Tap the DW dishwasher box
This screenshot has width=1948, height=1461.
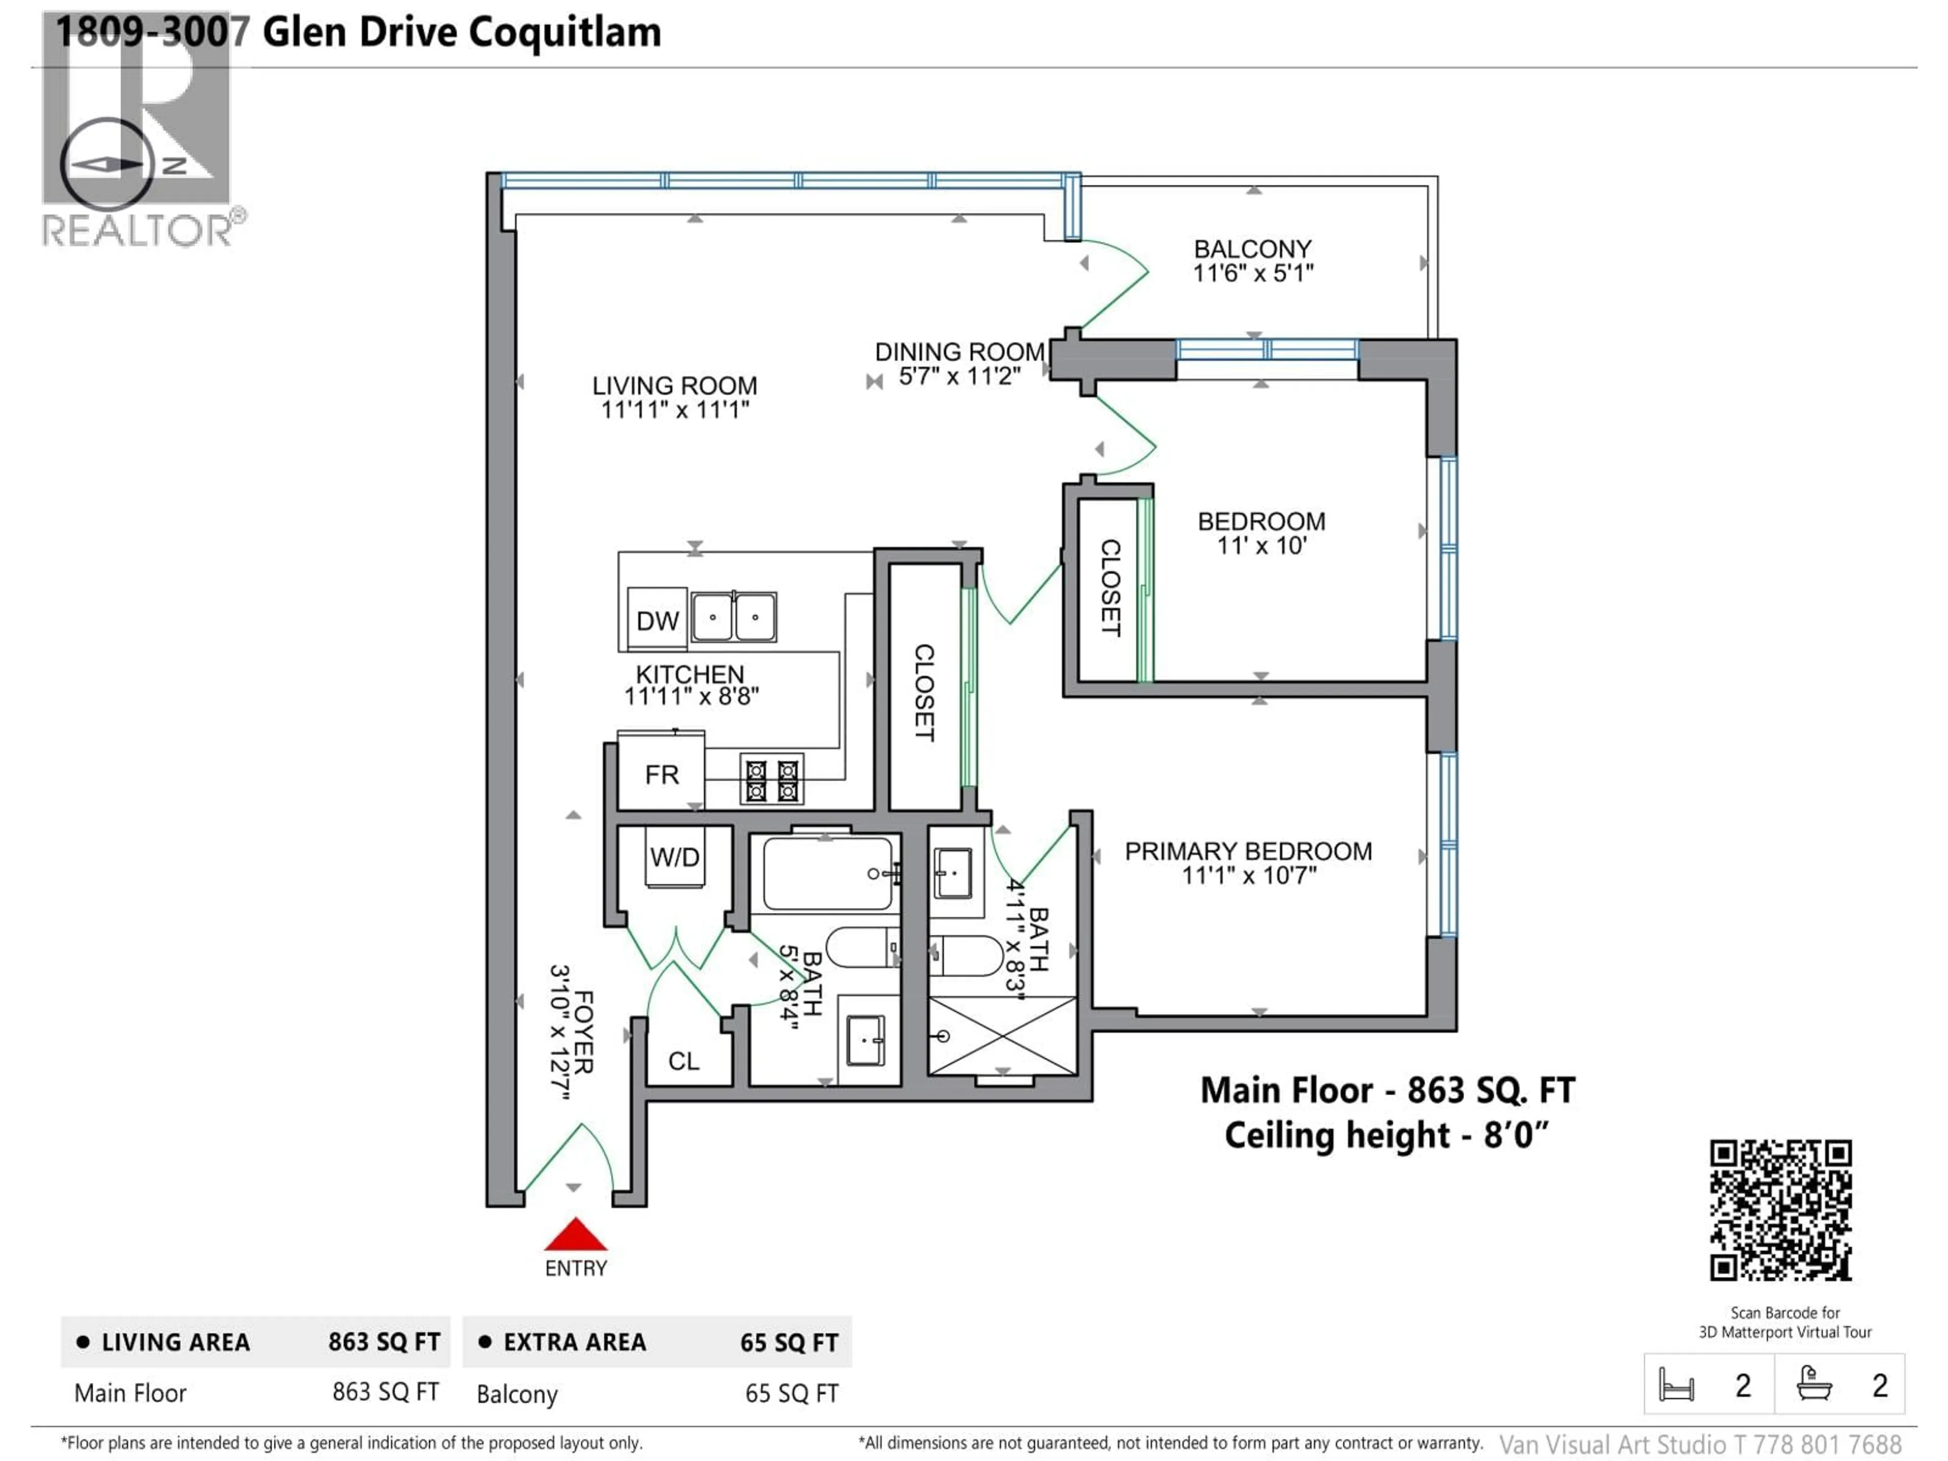pos(657,620)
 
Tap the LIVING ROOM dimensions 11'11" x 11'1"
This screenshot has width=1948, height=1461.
pos(675,409)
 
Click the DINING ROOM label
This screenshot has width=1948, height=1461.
pos(959,352)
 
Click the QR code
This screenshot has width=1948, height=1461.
pos(1781,1210)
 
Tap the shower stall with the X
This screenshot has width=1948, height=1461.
pos(1002,1036)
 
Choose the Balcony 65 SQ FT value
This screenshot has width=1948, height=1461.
pos(791,1393)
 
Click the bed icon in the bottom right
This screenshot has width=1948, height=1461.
pos(1676,1385)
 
